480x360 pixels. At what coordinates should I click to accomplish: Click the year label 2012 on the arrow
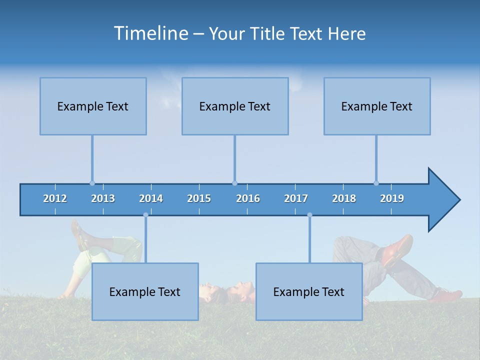[x=55, y=198]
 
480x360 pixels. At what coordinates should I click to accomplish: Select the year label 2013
[x=103, y=198]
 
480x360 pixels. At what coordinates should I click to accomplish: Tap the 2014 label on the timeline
[x=151, y=198]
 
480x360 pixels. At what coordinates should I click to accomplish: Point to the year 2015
[x=199, y=198]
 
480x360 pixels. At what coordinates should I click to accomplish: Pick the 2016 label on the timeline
[x=248, y=198]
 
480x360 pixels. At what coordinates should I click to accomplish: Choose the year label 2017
[x=296, y=198]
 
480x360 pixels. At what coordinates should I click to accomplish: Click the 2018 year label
[x=344, y=198]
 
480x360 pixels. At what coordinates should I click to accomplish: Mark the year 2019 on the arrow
[x=392, y=198]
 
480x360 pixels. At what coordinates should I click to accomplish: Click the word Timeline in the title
[x=150, y=33]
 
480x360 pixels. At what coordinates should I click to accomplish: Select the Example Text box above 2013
[x=93, y=106]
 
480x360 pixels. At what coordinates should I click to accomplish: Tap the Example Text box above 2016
[x=235, y=106]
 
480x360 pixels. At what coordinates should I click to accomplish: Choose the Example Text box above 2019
[x=377, y=106]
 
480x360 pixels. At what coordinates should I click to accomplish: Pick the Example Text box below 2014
[x=145, y=291]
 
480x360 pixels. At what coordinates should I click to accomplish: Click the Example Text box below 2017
[x=309, y=291]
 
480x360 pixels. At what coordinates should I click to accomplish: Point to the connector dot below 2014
[x=145, y=215]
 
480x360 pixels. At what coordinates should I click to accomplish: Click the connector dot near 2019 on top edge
[x=376, y=183]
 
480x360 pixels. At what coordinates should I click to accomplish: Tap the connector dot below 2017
[x=309, y=215]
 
